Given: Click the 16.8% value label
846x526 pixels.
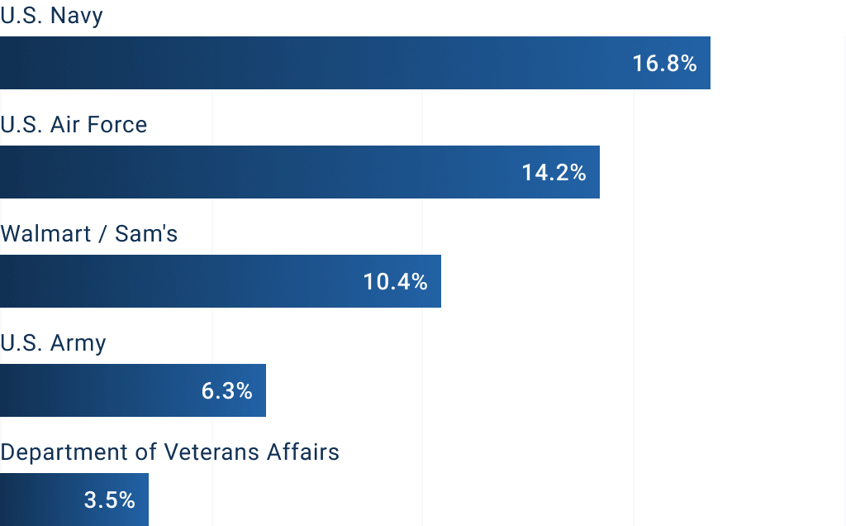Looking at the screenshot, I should tap(665, 63).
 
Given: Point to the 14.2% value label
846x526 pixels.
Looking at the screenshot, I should tap(554, 172).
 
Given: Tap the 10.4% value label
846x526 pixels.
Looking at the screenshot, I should tap(396, 281).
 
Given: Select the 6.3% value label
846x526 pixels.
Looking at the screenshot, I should tap(226, 390).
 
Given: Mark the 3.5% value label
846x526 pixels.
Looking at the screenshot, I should tap(109, 500).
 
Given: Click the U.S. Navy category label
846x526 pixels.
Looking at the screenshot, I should tap(52, 16).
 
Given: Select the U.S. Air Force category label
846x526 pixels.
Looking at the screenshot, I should tap(74, 125).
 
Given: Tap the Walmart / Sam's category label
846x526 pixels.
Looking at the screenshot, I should tap(89, 234).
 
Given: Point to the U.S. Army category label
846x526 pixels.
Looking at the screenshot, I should tap(54, 343).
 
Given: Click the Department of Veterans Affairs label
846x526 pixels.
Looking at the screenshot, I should tap(170, 452).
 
